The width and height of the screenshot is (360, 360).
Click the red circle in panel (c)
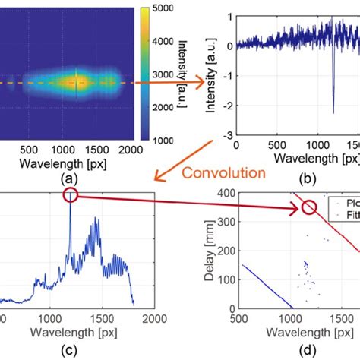click(x=71, y=196)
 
